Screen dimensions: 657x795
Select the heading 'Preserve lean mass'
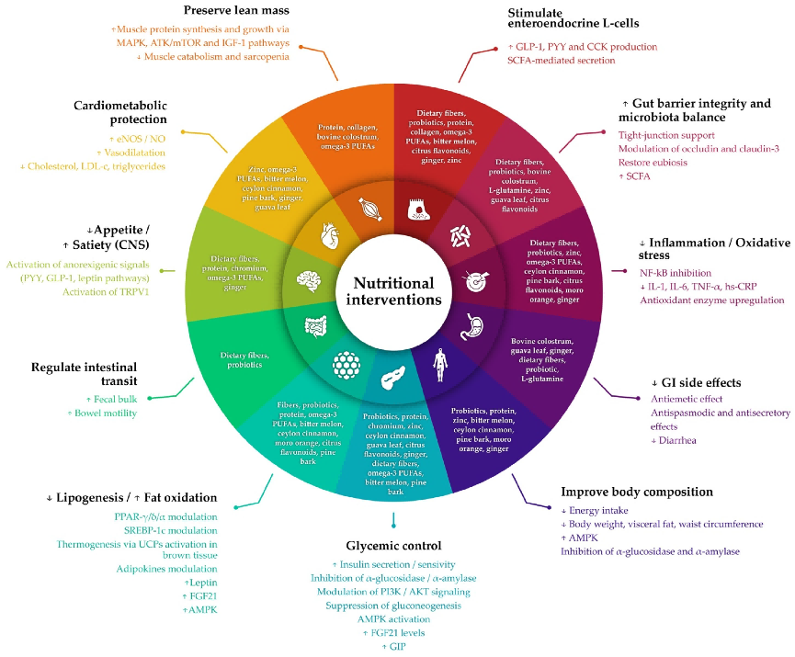[x=237, y=11]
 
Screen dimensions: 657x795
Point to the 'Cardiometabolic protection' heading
[x=120, y=112]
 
